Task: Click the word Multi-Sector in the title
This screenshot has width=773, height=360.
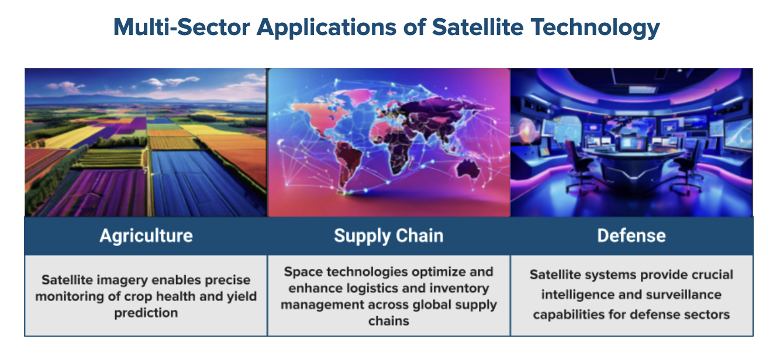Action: point(181,27)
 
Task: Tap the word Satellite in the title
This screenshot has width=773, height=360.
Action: point(478,27)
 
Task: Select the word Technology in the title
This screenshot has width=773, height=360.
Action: point(596,28)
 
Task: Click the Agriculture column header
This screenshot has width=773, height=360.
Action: point(146,236)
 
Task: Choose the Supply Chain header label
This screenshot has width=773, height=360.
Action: point(389,236)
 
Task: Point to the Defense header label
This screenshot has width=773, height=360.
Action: point(631,236)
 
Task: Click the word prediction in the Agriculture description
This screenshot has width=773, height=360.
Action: point(146,313)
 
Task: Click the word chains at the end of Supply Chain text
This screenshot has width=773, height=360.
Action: point(389,321)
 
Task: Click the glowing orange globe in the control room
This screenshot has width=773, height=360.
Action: point(526,131)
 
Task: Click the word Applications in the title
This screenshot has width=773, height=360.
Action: point(327,28)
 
